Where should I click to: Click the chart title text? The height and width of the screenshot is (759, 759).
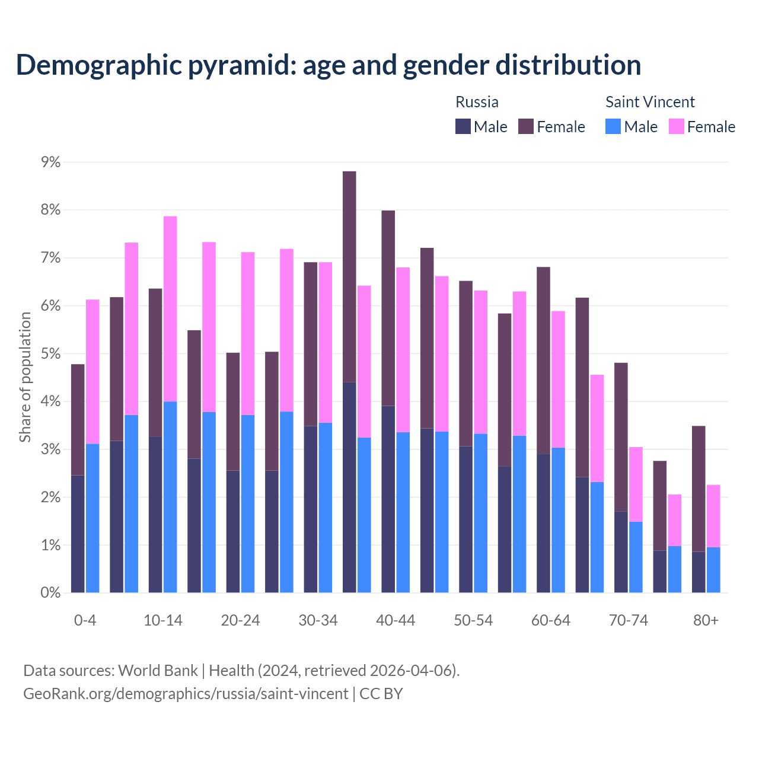(x=328, y=65)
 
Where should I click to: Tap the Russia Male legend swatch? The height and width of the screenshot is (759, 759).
(x=463, y=126)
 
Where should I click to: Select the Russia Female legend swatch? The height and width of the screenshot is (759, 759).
(x=526, y=126)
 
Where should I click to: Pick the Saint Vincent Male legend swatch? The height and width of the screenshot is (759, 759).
(x=613, y=126)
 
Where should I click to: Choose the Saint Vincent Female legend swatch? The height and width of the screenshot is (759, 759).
(x=676, y=126)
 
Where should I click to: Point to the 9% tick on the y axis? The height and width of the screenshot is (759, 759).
(x=50, y=162)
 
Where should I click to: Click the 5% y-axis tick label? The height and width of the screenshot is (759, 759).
(x=50, y=354)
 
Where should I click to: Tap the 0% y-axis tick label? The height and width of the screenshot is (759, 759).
(x=50, y=592)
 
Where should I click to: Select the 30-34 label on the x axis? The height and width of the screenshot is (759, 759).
(x=318, y=620)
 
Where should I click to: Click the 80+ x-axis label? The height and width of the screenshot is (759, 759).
(x=706, y=620)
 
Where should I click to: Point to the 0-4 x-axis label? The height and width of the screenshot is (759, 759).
(x=85, y=620)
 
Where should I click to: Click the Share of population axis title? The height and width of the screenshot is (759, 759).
(x=25, y=377)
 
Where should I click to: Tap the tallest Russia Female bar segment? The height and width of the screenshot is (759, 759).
(x=349, y=277)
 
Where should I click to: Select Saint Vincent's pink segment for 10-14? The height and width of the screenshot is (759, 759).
(x=170, y=309)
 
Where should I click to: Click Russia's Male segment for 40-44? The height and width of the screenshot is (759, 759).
(x=388, y=499)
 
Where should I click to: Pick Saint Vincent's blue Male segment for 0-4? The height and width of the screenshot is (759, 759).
(x=93, y=518)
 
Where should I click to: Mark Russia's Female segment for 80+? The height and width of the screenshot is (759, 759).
(x=699, y=489)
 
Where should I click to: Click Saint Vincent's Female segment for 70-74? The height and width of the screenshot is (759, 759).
(x=636, y=484)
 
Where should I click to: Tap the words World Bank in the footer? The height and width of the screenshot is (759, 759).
(x=158, y=671)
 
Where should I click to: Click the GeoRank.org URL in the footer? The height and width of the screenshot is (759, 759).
(x=186, y=693)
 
